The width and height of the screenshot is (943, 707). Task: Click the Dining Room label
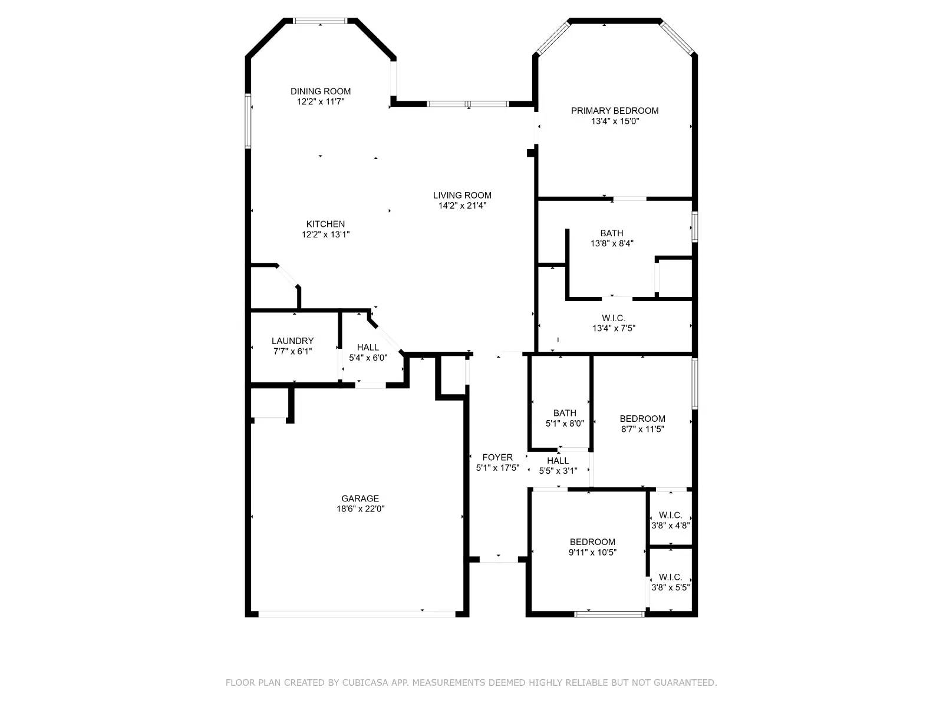pyautogui.click(x=320, y=91)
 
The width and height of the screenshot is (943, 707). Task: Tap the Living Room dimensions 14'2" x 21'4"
pyautogui.click(x=461, y=206)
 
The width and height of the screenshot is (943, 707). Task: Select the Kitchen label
pyautogui.click(x=325, y=224)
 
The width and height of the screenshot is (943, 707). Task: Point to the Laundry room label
pyautogui.click(x=292, y=341)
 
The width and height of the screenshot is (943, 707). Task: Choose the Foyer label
pyautogui.click(x=497, y=457)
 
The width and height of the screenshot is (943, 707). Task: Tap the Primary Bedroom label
pyautogui.click(x=615, y=111)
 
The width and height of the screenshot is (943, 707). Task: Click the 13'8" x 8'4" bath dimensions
pyautogui.click(x=612, y=243)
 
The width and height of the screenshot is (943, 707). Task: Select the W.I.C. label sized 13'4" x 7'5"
pyautogui.click(x=614, y=318)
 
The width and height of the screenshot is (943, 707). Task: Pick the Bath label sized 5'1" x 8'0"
pyautogui.click(x=565, y=413)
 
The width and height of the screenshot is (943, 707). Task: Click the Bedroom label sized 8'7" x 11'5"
pyautogui.click(x=642, y=419)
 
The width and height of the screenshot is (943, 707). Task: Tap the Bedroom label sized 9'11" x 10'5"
pyautogui.click(x=592, y=542)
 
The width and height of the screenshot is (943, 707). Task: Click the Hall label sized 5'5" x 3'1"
pyautogui.click(x=558, y=461)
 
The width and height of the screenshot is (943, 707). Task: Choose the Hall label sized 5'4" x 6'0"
pyautogui.click(x=368, y=347)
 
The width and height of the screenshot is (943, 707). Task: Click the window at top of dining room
pyautogui.click(x=320, y=21)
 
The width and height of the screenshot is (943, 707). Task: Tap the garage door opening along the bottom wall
pyautogui.click(x=357, y=613)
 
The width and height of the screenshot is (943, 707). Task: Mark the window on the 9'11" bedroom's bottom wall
pyautogui.click(x=609, y=613)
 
